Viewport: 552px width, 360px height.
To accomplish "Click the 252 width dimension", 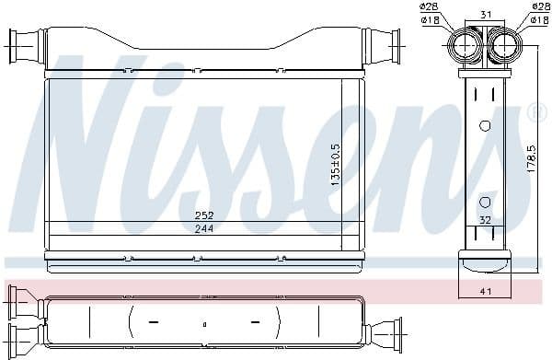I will pos(204,215).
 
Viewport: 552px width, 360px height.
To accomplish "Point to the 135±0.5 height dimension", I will pos(336,161).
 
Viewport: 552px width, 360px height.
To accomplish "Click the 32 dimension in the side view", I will pos(485,219).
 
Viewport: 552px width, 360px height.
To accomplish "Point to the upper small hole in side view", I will pos(485,125).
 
